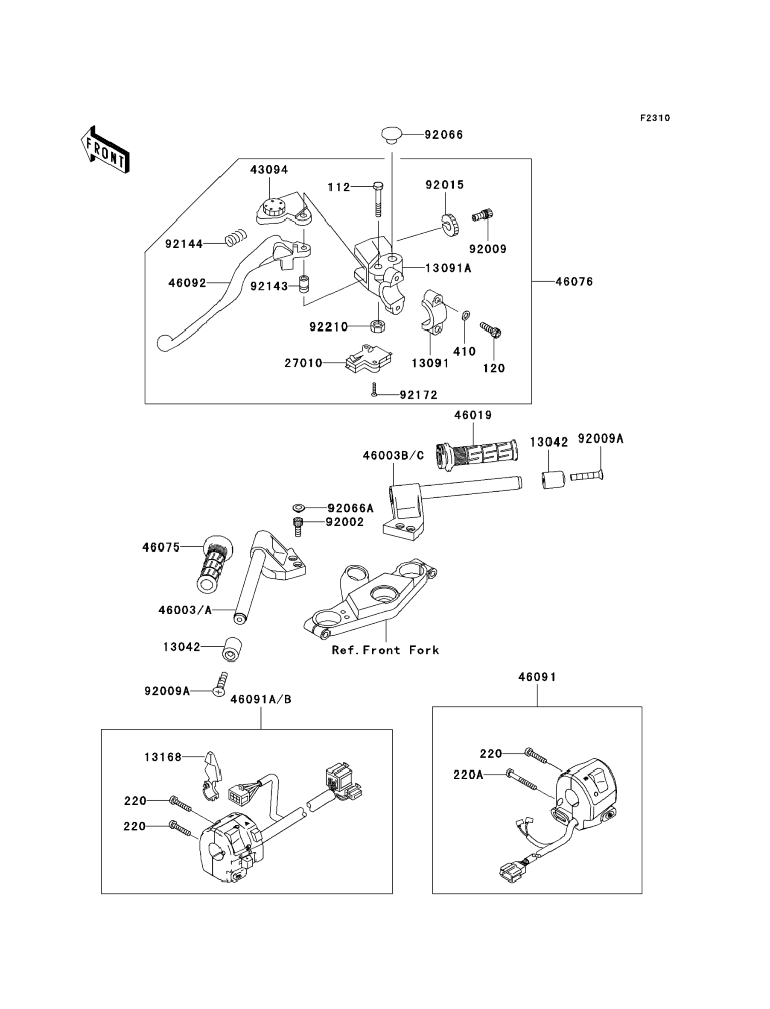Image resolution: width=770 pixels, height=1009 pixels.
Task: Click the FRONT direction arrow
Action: click(105, 150)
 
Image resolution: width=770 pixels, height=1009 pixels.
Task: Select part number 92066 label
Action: click(443, 135)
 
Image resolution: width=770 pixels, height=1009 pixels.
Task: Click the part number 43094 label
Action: click(269, 170)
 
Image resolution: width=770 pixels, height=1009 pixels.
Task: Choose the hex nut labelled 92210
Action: click(378, 326)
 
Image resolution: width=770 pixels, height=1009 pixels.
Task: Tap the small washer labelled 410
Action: click(465, 315)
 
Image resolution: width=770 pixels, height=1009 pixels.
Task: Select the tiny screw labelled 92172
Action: click(374, 390)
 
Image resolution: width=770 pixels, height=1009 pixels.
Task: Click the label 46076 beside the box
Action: click(574, 282)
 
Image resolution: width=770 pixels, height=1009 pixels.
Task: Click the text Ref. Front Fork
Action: click(385, 650)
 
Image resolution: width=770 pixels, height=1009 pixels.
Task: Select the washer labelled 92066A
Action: click(299, 508)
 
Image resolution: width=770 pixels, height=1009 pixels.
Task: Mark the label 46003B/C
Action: click(393, 455)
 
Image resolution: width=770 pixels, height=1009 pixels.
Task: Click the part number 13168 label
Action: click(163, 757)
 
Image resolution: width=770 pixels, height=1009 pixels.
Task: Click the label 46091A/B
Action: click(261, 699)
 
